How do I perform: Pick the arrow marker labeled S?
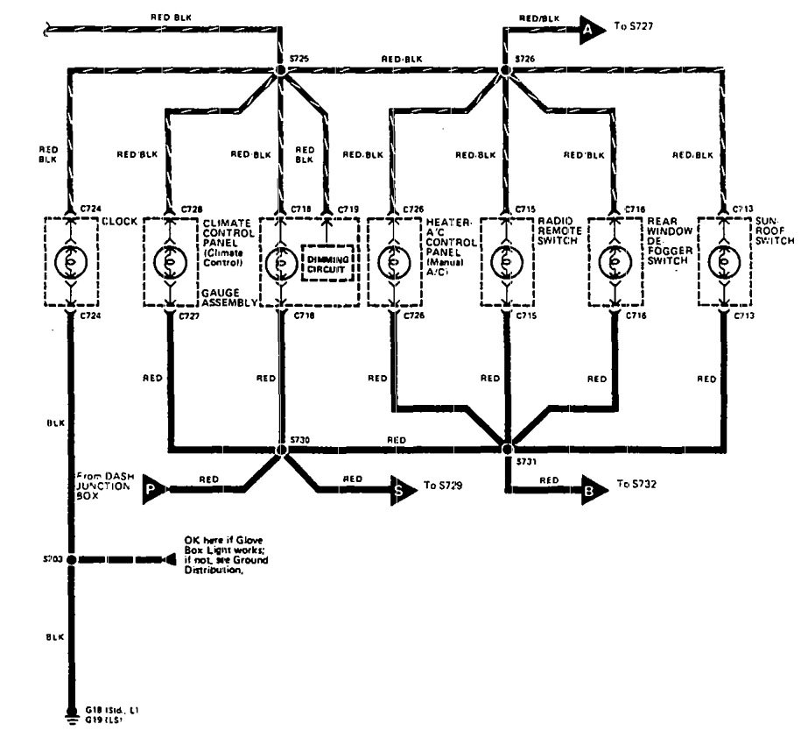pyautogui.click(x=403, y=491)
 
